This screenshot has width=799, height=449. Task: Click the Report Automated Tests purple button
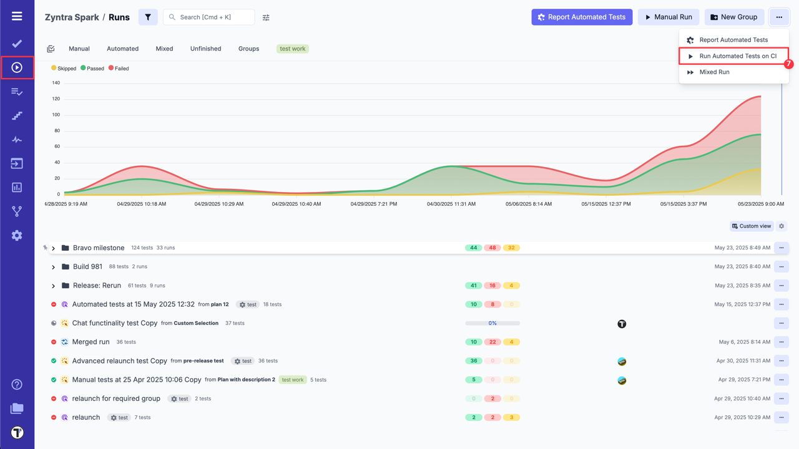point(582,17)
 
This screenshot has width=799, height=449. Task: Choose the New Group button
point(734,17)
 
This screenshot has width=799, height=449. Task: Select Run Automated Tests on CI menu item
point(737,56)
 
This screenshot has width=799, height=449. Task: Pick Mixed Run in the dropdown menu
point(714,72)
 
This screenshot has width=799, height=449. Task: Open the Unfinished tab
point(205,49)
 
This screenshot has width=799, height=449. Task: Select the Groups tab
point(248,49)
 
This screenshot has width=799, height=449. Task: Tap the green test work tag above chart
point(293,49)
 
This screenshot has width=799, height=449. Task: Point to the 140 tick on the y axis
point(56,83)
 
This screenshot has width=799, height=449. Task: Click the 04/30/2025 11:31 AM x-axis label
point(451,204)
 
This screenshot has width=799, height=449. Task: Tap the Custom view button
point(752,226)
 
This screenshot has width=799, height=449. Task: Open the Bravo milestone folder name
point(99,248)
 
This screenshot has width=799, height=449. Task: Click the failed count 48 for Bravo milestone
point(493,248)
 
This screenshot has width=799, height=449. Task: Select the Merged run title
point(91,342)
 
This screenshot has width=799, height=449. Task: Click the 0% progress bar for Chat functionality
point(493,324)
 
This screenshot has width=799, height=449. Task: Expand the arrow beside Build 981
point(54,267)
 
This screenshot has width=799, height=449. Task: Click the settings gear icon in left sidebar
point(17,236)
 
